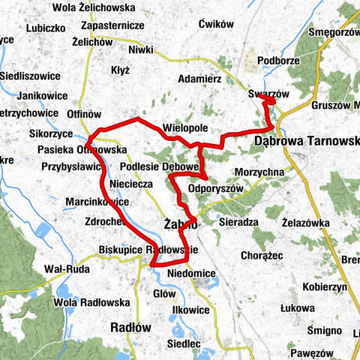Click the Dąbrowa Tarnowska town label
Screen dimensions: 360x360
point(307,140)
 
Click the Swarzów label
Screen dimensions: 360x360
point(268,94)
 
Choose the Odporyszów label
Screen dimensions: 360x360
point(216,188)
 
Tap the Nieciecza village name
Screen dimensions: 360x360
point(130,182)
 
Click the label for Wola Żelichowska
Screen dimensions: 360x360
point(94,8)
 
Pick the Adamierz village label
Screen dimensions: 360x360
point(200,79)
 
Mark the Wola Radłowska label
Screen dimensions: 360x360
point(66,302)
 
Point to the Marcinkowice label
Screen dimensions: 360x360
point(97,202)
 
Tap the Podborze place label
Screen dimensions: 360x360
point(277,61)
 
